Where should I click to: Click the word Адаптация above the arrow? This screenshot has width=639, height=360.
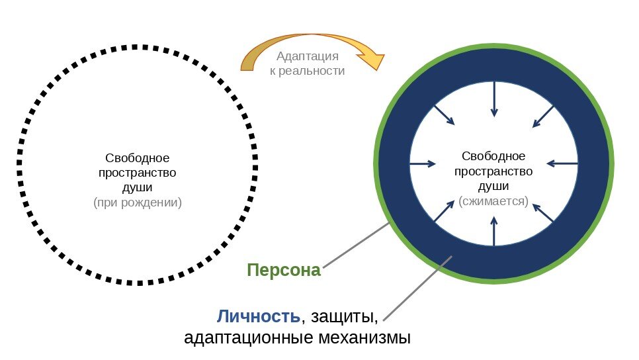click(x=308, y=57)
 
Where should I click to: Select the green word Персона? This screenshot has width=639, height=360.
click(x=283, y=270)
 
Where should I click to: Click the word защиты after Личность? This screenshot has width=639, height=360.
click(x=343, y=316)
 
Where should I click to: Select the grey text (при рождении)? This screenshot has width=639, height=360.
click(x=138, y=202)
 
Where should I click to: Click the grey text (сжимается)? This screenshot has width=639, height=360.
click(x=493, y=201)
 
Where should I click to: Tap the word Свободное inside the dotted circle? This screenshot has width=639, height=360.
click(x=138, y=158)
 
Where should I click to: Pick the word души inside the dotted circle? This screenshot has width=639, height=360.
click(x=138, y=188)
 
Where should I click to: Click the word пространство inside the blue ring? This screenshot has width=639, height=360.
click(x=493, y=171)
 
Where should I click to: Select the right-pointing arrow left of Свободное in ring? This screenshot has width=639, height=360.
click(x=423, y=163)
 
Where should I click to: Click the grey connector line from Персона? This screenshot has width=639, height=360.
click(x=356, y=246)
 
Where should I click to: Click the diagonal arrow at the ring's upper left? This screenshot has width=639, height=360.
click(x=445, y=115)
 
